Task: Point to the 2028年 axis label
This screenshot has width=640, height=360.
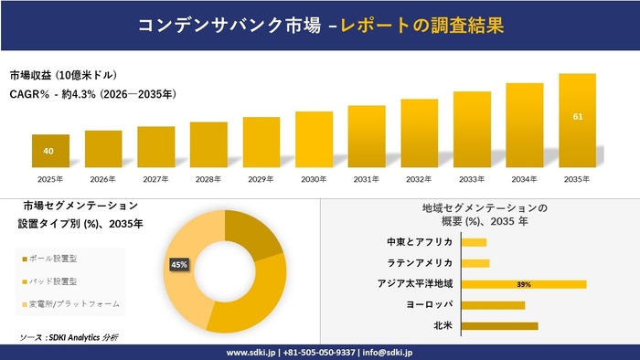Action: [208, 178]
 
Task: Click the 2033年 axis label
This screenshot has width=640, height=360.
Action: [472, 178]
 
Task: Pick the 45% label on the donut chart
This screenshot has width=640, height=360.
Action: [179, 264]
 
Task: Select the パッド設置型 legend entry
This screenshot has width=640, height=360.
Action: [53, 281]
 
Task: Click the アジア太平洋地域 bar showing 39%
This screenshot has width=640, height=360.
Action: [524, 284]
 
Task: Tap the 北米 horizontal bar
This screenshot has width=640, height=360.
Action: [499, 325]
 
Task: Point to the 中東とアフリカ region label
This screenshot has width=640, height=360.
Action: [420, 242]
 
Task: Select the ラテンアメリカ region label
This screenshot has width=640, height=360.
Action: [421, 263]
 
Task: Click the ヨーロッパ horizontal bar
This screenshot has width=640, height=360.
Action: [494, 304]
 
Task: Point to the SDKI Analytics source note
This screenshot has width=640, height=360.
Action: [69, 337]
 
